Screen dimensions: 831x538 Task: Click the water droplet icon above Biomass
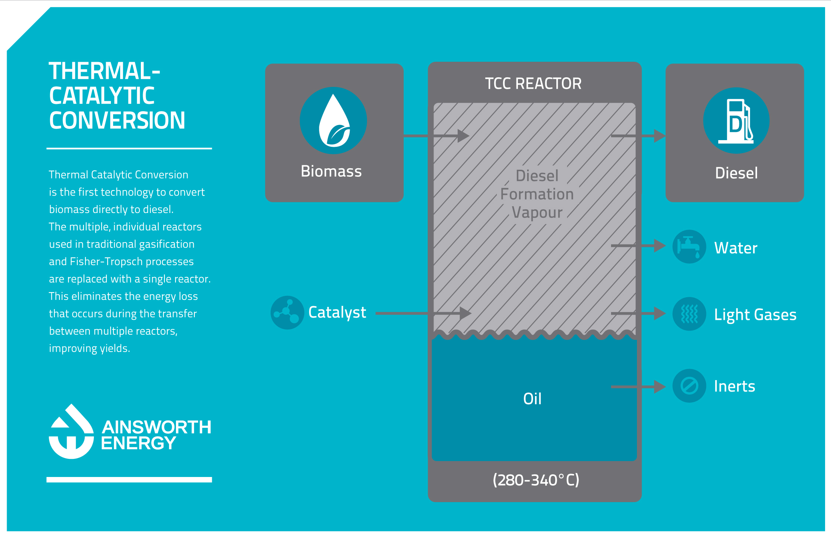(334, 121)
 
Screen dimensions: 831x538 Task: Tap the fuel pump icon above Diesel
(736, 121)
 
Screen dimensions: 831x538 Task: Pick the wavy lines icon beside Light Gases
(689, 314)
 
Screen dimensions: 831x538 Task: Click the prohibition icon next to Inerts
(689, 386)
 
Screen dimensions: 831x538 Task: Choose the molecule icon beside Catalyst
(287, 312)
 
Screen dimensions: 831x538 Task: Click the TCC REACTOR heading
(533, 84)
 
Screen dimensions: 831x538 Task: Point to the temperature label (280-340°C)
(536, 480)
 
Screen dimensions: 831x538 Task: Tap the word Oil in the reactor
(532, 399)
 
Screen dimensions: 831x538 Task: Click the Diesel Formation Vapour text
(537, 194)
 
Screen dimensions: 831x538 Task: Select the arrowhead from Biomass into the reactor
(463, 136)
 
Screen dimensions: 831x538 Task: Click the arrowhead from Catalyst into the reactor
(465, 313)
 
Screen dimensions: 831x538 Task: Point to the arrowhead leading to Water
(660, 246)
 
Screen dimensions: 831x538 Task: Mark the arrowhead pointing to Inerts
(660, 387)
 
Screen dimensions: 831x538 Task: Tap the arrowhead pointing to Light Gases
(660, 313)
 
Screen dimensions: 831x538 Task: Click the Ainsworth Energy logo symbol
(71, 432)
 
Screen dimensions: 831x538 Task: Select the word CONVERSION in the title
(117, 121)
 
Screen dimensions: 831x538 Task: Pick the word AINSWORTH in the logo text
(157, 427)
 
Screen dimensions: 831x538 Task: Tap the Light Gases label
(755, 315)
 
